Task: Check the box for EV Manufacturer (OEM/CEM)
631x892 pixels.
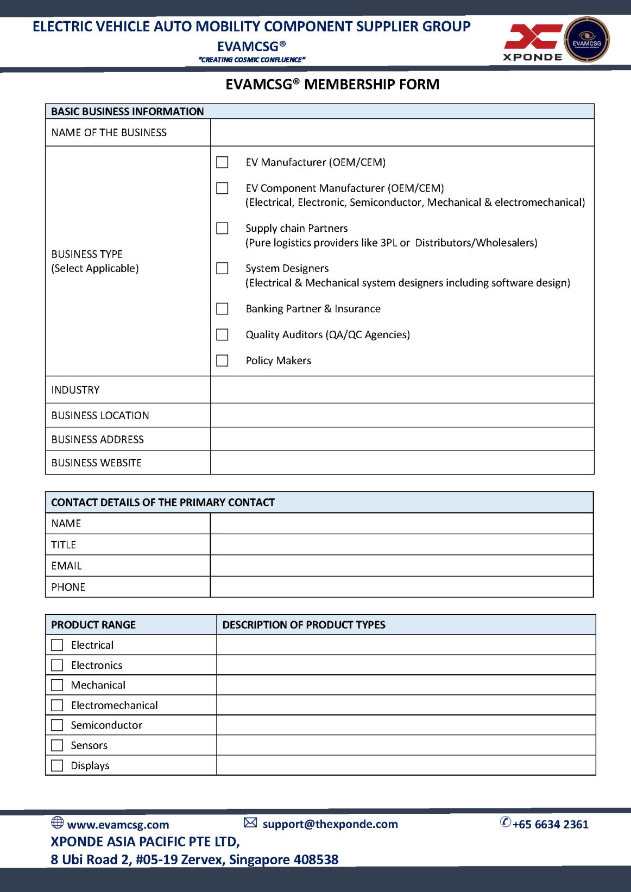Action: [222, 162]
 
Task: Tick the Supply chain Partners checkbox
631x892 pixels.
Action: [222, 229]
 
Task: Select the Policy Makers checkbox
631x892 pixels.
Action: [222, 360]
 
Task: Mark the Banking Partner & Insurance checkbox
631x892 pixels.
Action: [222, 309]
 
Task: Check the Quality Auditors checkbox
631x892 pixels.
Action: [222, 334]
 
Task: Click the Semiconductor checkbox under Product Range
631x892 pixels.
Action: [57, 725]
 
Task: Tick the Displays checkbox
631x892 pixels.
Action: [57, 766]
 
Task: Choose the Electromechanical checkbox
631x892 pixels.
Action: [57, 705]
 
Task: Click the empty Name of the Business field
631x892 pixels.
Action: [402, 132]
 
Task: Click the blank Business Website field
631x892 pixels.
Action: [402, 463]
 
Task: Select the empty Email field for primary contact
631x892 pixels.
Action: [401, 566]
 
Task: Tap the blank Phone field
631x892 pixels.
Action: [401, 587]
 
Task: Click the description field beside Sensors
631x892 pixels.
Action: [406, 745]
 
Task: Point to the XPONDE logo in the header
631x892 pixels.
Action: [532, 42]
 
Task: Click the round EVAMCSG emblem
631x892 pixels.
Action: [586, 40]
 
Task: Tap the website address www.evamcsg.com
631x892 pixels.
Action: [118, 825]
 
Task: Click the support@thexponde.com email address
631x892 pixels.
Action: [330, 824]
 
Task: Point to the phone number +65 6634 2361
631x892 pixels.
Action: [550, 824]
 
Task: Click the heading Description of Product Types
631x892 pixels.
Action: [304, 625]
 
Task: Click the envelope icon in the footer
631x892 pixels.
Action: [250, 823]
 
